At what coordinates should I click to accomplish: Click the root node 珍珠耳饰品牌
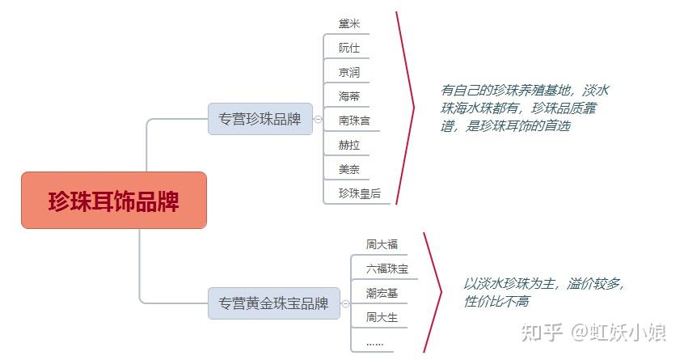point(114,201)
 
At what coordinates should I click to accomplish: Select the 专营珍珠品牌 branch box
point(260,119)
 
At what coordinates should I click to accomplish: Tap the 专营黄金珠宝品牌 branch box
point(273,304)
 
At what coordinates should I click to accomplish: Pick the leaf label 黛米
point(349,23)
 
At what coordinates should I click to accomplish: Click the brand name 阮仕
point(349,48)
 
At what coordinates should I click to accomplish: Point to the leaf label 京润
point(349,72)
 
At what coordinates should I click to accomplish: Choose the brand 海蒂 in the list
point(349,96)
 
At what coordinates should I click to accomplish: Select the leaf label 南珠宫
point(354,121)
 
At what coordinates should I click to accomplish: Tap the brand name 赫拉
point(349,145)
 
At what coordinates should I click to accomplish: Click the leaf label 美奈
point(349,169)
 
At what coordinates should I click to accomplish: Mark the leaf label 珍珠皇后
point(359,193)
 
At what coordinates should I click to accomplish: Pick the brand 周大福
point(382,244)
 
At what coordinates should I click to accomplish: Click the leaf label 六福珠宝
point(386,268)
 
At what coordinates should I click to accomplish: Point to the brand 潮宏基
point(382,292)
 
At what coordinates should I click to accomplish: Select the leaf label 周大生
point(382,317)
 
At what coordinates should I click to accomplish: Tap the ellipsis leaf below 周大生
point(374,342)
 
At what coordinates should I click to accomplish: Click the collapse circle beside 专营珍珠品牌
point(318,119)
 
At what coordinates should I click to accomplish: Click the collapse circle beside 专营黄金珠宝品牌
point(345,304)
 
